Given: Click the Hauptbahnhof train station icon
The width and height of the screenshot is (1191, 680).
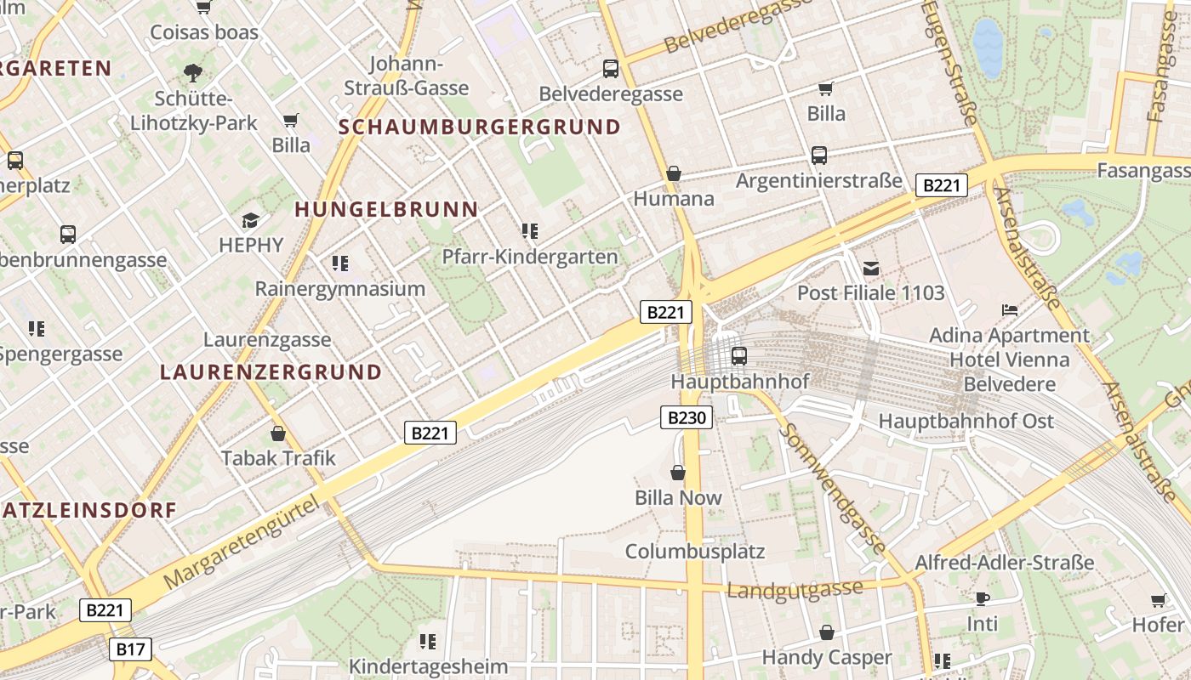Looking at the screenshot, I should point(738,356).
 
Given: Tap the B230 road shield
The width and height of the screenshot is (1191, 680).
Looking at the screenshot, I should point(686,417).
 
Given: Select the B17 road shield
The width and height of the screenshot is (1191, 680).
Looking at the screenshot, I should point(130,649).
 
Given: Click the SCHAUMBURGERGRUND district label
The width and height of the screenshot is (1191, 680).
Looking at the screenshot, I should point(480,127).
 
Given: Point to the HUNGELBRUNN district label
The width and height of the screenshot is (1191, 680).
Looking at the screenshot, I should point(386,209).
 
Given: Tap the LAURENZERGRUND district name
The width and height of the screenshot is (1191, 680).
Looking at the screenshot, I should point(271,372).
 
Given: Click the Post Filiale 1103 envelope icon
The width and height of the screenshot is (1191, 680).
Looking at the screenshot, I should point(871,269).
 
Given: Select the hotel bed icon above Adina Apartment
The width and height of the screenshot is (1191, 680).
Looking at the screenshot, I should point(1010,310).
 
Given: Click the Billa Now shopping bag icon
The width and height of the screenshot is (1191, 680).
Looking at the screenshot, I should point(678,473).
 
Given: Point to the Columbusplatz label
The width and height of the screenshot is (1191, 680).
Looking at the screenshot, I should point(695,551).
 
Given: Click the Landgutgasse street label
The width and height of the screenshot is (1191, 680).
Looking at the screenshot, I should point(795,588).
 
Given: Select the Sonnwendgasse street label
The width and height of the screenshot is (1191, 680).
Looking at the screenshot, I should point(833,489).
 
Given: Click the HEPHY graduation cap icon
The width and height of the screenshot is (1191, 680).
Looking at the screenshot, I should point(250,221).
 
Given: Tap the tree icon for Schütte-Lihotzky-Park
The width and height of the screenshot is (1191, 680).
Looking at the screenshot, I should point(193,72).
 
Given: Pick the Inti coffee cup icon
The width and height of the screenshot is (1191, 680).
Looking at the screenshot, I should point(982,598).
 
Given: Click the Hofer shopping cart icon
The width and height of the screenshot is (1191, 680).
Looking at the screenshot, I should point(1158,601).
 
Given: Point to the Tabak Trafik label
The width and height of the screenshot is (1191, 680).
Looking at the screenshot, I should point(278,458).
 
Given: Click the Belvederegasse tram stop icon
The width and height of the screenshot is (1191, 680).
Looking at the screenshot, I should point(610,69).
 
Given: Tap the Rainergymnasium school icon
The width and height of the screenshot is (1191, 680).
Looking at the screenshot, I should point(340,263).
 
